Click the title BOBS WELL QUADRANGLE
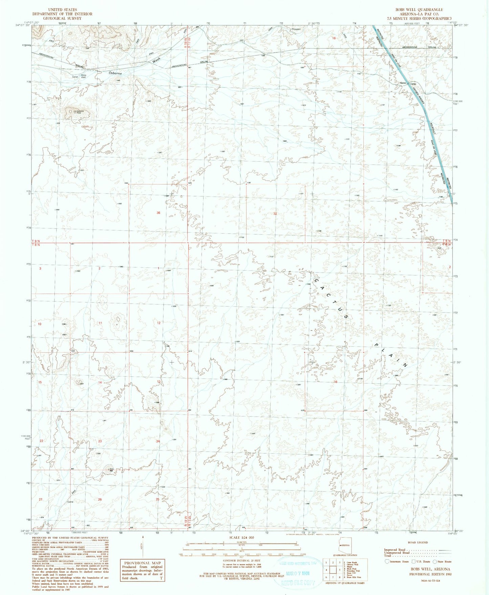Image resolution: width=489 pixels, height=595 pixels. [421, 10]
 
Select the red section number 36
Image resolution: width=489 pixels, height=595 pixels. [158, 213]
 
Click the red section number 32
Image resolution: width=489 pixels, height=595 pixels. [275, 214]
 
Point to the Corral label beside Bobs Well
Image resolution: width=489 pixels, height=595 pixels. [75, 77]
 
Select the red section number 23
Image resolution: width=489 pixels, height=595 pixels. [100, 441]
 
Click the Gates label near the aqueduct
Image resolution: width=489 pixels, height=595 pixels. [403, 84]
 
